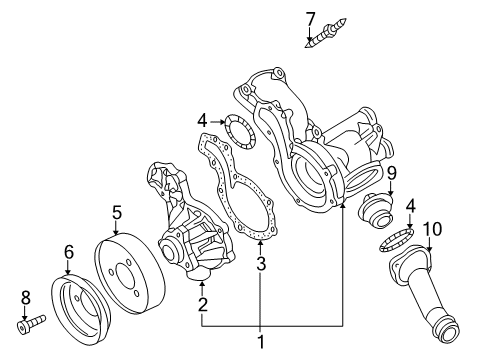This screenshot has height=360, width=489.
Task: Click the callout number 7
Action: [310, 19]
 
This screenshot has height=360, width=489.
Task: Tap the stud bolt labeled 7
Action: [326, 33]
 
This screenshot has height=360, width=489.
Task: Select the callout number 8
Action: [26, 297]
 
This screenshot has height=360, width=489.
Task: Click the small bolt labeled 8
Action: [31, 324]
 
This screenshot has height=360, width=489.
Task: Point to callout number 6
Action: [68, 252]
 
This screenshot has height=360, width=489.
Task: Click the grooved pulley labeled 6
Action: [80, 304]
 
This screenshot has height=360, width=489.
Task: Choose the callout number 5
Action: [117, 213]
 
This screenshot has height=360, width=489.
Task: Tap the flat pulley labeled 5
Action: [130, 273]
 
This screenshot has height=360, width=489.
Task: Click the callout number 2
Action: [202, 304]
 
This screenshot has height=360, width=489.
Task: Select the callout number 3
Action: [261, 263]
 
